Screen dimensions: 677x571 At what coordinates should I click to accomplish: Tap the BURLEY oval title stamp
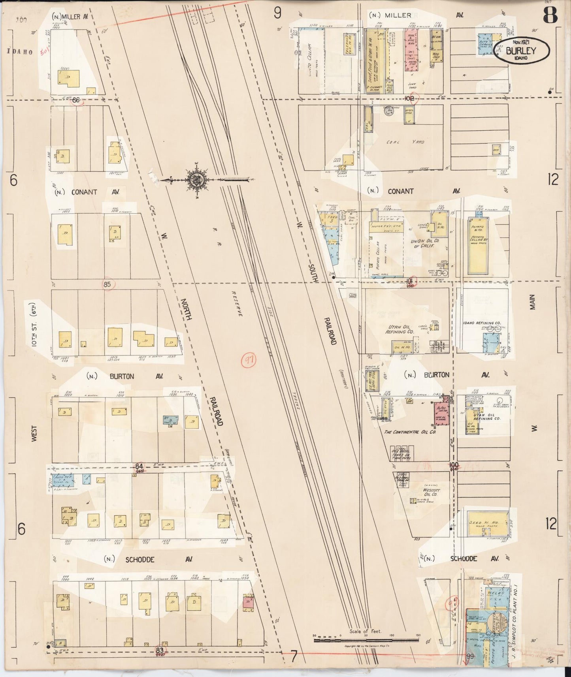point(521,51)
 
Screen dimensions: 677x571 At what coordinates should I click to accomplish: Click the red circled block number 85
point(107,284)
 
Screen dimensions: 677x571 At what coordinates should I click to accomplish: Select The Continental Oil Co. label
point(410,432)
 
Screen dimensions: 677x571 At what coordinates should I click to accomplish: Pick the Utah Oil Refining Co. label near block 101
point(400,330)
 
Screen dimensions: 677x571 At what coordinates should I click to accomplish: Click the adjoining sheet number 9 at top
point(277,13)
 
